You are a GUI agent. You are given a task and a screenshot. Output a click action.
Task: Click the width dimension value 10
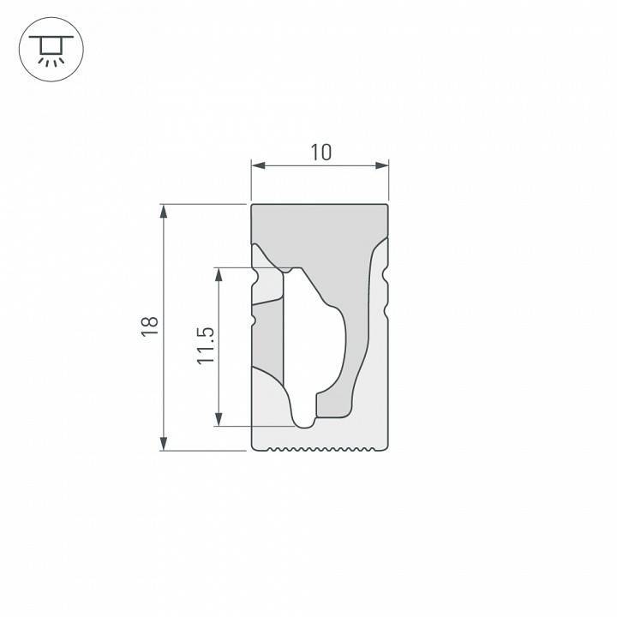pos(320,153)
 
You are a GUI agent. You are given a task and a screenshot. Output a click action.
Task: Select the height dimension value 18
pos(149,326)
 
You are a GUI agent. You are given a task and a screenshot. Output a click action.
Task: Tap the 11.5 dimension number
pos(204,345)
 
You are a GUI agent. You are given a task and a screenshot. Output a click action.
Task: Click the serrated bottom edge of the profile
pos(320,448)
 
